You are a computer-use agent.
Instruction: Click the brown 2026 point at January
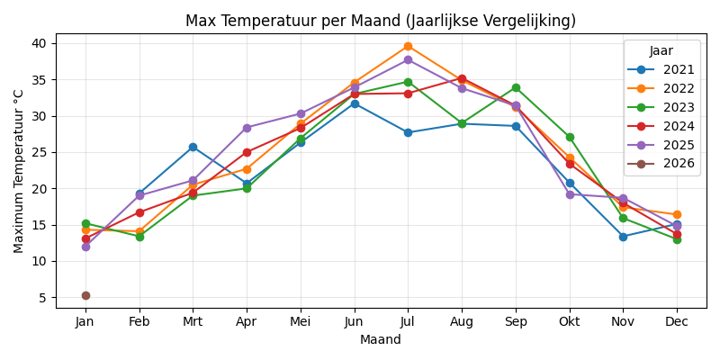[85, 295]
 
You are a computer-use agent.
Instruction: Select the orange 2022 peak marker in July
[408, 46]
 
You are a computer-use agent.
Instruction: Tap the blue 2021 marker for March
[193, 147]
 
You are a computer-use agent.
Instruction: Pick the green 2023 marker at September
[516, 87]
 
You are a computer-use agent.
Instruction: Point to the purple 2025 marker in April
[247, 128]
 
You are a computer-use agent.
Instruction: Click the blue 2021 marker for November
[623, 237]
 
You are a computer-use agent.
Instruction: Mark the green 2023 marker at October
[570, 137]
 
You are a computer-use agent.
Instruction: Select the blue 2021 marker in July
[408, 132]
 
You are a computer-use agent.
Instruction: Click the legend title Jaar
[661, 51]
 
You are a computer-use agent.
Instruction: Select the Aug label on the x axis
[462, 321]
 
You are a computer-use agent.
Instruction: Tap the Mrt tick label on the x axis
[193, 321]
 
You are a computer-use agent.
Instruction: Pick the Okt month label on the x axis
[570, 321]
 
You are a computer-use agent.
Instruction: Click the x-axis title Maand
[381, 339]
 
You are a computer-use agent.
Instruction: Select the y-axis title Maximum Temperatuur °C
[19, 171]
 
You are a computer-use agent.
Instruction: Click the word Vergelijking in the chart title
[529, 21]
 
